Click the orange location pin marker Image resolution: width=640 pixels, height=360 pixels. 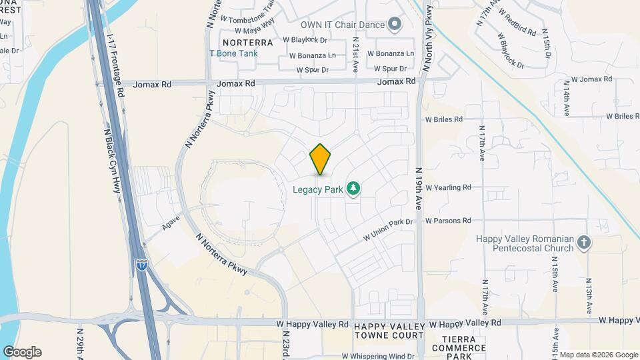point(321,159)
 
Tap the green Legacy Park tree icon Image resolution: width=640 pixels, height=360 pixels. point(353,189)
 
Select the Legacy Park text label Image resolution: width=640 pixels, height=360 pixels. point(318,189)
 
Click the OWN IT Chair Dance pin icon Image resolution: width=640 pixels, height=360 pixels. point(395,25)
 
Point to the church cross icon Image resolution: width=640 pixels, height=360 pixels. point(584,243)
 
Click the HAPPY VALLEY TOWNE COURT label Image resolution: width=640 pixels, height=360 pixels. point(389,331)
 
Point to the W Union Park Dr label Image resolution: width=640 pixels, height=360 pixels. point(389,231)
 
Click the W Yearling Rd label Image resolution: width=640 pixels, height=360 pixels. point(448,187)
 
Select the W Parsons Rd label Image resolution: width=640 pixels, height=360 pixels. point(448,220)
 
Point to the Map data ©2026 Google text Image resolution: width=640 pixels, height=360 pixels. point(598,355)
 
